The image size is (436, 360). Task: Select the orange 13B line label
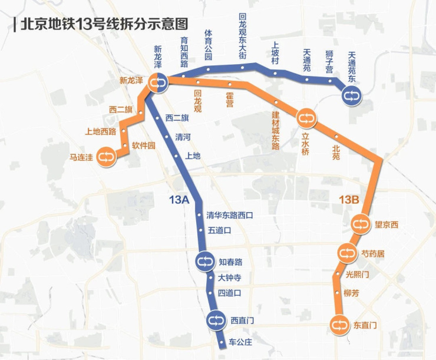click(349, 200)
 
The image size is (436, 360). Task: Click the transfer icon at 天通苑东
click(352, 94)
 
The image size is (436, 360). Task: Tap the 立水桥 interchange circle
click(306, 118)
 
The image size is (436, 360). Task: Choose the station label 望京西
click(387, 224)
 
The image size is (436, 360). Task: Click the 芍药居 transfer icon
click(346, 254)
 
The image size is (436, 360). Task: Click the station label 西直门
click(242, 321)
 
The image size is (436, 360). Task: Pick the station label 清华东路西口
click(230, 216)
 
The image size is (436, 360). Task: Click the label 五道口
click(220, 230)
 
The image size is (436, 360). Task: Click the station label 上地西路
click(101, 131)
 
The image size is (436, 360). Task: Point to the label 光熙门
click(357, 275)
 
